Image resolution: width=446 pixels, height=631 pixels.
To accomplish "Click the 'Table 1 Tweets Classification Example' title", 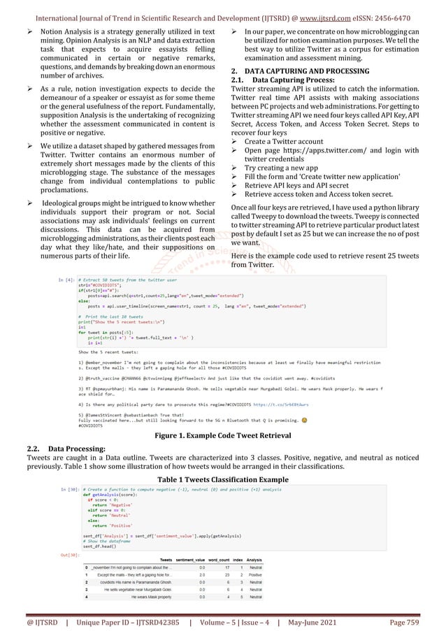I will (x=223, y=479).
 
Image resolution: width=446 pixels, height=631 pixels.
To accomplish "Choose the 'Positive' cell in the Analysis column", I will (x=253, y=574).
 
